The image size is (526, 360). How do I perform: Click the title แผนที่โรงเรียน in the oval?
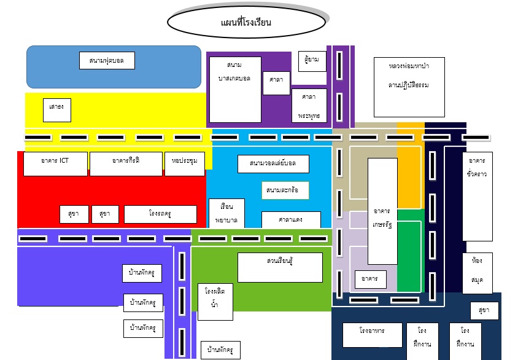coord(246,23)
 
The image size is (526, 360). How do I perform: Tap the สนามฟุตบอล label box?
coord(107,61)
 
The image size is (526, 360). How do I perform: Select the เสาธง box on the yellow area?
coord(57,110)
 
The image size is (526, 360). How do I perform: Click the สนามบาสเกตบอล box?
coord(235,90)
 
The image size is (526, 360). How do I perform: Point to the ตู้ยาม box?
coord(312,61)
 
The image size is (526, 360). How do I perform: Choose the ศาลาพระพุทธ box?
coord(309,106)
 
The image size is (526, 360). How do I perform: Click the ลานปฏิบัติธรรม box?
coord(409,87)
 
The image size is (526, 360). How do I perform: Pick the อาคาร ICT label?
coord(55,163)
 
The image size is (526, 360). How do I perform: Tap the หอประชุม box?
coord(185,163)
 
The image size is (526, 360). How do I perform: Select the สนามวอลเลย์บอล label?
coord(273,164)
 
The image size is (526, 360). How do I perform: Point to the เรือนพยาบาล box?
coord(226,213)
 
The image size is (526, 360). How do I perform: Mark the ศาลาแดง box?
coord(291,219)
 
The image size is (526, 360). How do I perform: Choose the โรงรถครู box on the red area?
coord(160,214)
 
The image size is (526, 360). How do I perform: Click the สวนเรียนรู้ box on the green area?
coord(280,267)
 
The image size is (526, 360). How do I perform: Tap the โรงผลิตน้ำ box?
coord(215,302)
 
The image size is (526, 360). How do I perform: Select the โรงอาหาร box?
coord(372,335)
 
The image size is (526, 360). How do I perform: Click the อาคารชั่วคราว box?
coord(477,196)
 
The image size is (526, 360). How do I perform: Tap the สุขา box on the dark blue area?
coord(484,311)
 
